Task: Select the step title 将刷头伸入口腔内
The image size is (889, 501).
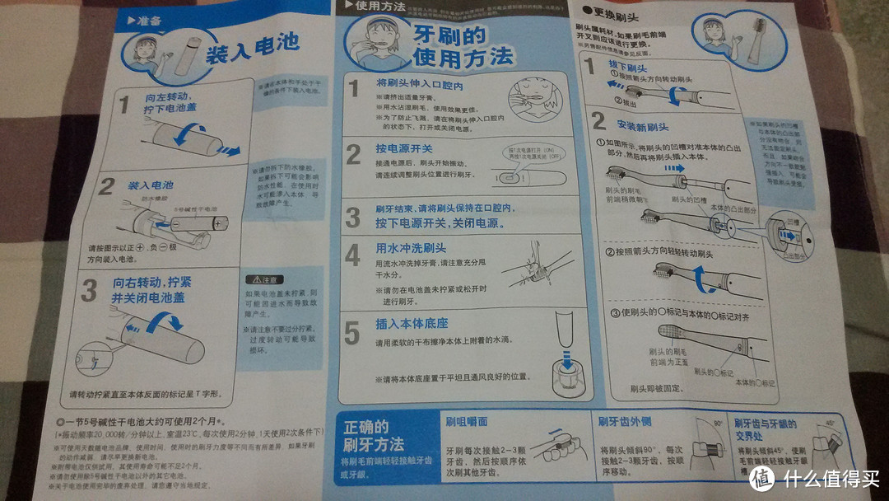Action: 419,85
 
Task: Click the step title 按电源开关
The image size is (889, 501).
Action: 404,150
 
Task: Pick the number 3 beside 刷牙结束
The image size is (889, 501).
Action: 352,218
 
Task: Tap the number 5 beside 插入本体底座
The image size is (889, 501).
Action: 352,334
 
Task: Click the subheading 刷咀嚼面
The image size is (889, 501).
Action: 466,421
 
